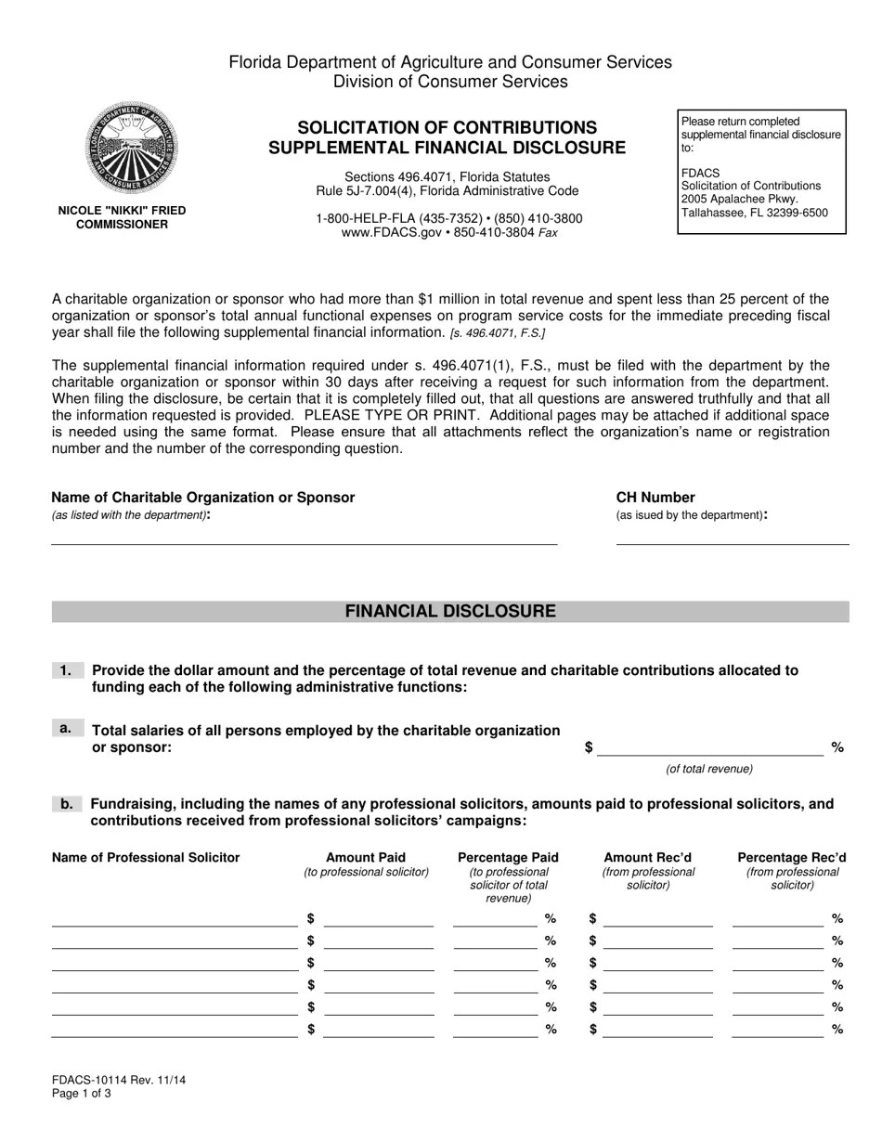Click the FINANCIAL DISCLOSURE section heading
450,611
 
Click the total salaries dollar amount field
709,749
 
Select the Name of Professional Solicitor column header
146,858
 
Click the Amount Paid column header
366,858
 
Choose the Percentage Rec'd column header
791,858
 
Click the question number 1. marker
67,670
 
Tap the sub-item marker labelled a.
66,729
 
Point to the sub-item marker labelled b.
67,804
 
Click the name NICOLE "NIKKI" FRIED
122,211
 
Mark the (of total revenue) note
709,769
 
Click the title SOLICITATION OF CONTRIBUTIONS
447,127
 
